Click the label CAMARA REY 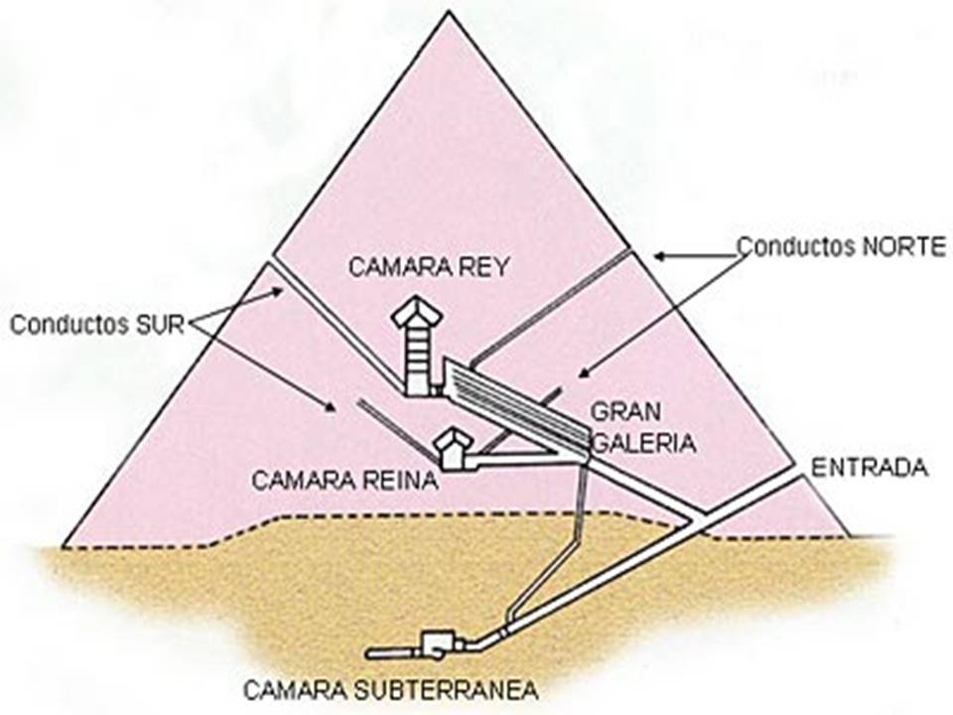428,266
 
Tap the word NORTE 899,246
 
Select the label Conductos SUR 97,325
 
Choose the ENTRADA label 870,468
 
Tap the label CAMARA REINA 344,481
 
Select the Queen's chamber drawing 454,450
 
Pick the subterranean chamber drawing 435,645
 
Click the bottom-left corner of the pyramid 64,545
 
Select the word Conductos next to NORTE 791,246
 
